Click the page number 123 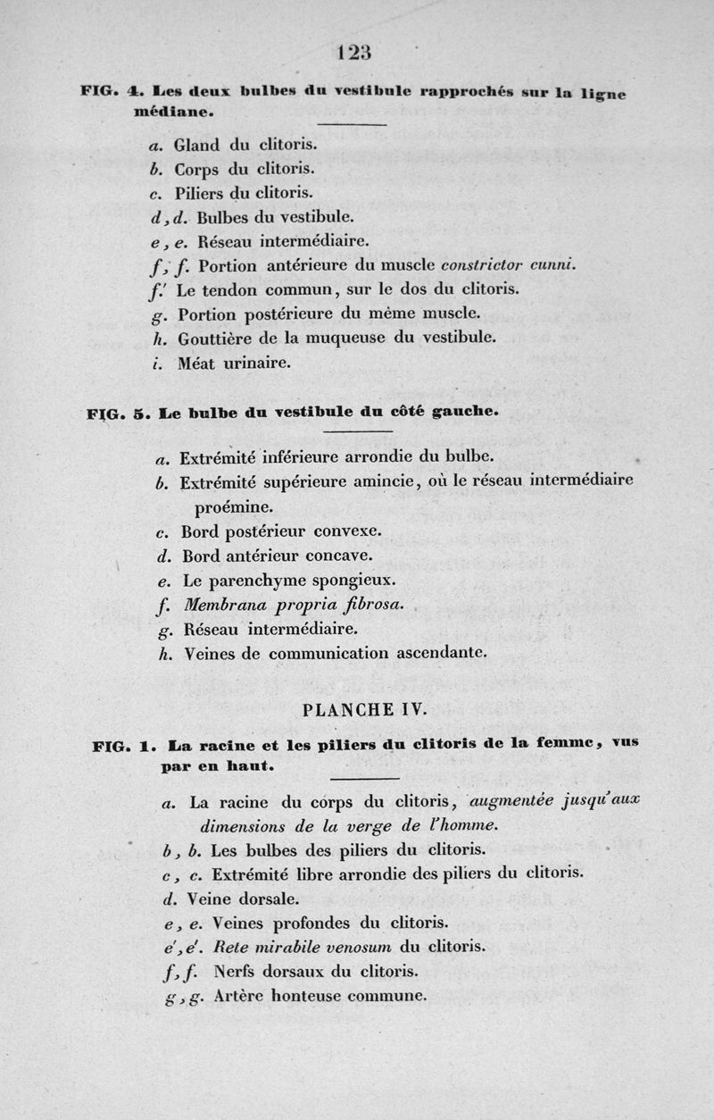[354, 53]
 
